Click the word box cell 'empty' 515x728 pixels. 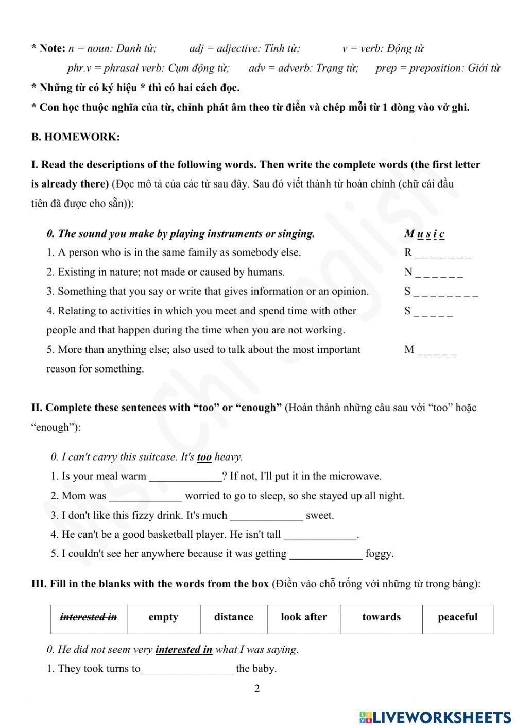tap(163, 617)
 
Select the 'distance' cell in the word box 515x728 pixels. tap(234, 617)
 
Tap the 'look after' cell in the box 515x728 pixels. tap(304, 617)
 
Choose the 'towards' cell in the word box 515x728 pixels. tap(381, 617)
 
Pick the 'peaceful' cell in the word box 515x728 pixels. tap(457, 617)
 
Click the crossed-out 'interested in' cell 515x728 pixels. tap(89, 617)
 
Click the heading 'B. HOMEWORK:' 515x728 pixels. tap(75, 137)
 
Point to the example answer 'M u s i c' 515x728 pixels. tap(424, 234)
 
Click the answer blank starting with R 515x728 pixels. tap(442, 253)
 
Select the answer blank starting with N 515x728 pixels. tap(439, 273)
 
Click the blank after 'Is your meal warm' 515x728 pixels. tap(185, 477)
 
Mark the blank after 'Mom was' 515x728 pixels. tap(146, 497)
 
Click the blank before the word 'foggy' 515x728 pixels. tap(326, 555)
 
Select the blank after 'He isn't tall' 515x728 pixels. tap(320, 535)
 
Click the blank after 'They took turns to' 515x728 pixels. tap(188, 669)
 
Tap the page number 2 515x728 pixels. tap(257, 689)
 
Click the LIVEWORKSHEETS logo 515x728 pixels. tap(435, 717)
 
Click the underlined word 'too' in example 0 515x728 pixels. tap(204, 457)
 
